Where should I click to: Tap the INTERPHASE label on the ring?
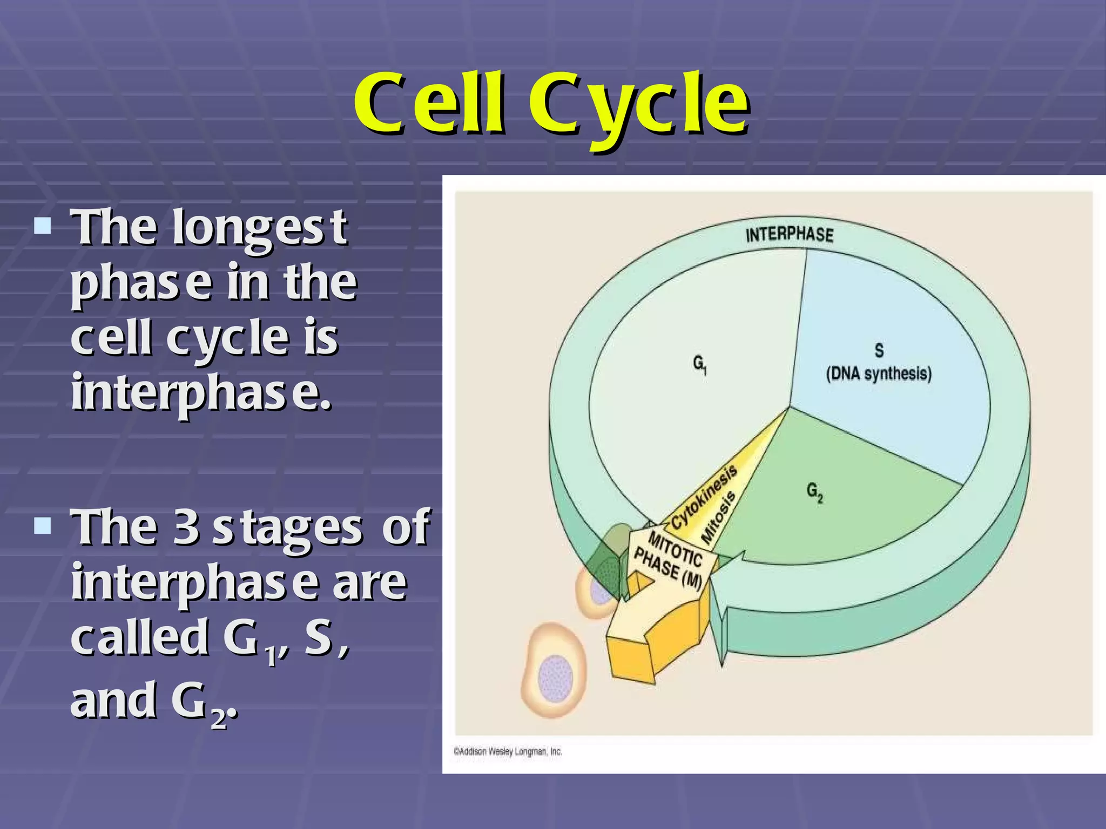click(x=789, y=235)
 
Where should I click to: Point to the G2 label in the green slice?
click(x=815, y=492)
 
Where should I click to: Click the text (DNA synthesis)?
click(x=879, y=373)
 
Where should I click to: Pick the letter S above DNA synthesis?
click(x=879, y=351)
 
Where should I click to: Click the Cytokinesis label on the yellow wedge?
click(x=704, y=498)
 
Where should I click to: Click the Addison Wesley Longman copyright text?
click(x=508, y=751)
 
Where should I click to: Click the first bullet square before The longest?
click(x=42, y=226)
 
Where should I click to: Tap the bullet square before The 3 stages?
click(x=42, y=525)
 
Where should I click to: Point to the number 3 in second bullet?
click(x=186, y=528)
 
